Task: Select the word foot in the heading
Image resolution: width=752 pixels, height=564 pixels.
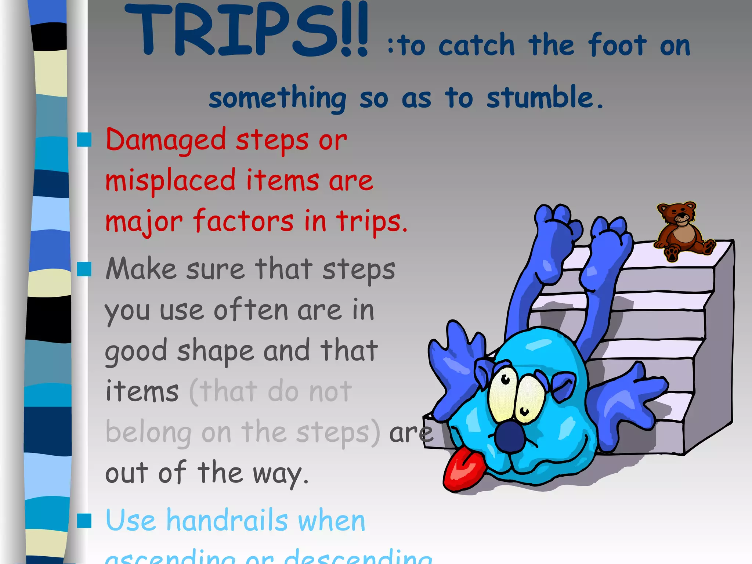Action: click(x=617, y=46)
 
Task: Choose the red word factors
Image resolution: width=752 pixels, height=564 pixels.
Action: click(x=243, y=221)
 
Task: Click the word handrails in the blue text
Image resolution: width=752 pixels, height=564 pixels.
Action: click(x=227, y=521)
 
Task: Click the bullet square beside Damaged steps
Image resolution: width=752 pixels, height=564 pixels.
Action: click(x=84, y=140)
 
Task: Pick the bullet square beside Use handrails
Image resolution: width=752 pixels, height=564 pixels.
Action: click(x=84, y=521)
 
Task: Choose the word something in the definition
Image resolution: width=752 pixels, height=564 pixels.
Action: click(x=278, y=98)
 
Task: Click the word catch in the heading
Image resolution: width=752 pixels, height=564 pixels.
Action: click(x=477, y=46)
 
